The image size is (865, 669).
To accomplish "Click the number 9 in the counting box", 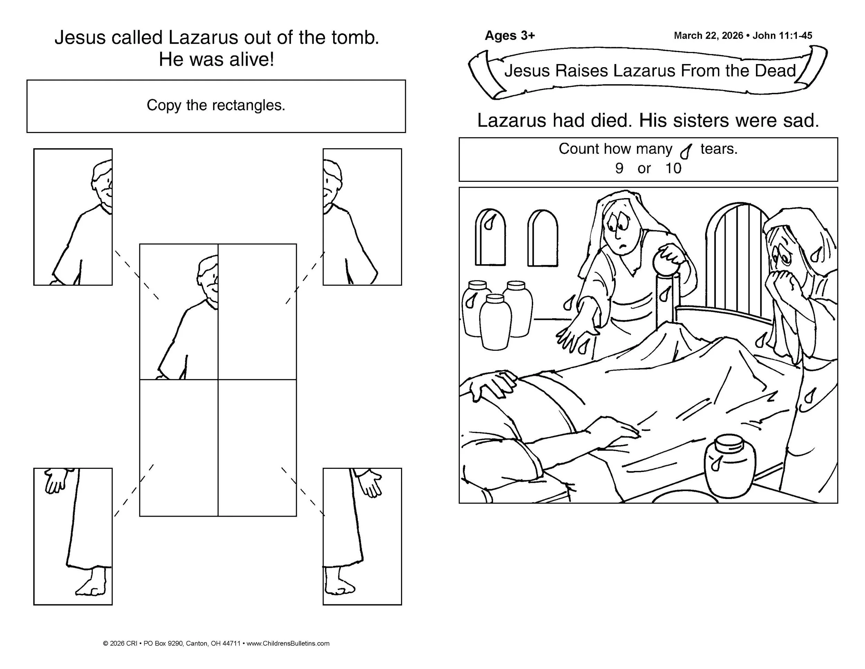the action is pyautogui.click(x=619, y=168).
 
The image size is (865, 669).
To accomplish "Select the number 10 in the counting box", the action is pyautogui.click(x=673, y=168).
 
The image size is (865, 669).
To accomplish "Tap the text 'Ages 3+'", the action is pyautogui.click(x=510, y=36).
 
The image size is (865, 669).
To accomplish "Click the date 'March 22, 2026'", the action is pyautogui.click(x=709, y=36).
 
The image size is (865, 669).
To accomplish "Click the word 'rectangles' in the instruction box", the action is pyautogui.click(x=248, y=105).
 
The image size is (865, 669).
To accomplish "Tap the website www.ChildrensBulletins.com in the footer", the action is pyautogui.click(x=288, y=643).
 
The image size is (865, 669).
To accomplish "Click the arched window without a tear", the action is pyautogui.click(x=543, y=238).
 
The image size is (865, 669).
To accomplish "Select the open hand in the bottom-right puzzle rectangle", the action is pyautogui.click(x=370, y=482).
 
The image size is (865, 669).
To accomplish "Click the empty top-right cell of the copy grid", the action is pyautogui.click(x=257, y=312).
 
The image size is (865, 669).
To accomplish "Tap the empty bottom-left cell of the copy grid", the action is pyautogui.click(x=179, y=448).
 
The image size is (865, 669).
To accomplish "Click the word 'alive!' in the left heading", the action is pyautogui.click(x=250, y=60).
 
